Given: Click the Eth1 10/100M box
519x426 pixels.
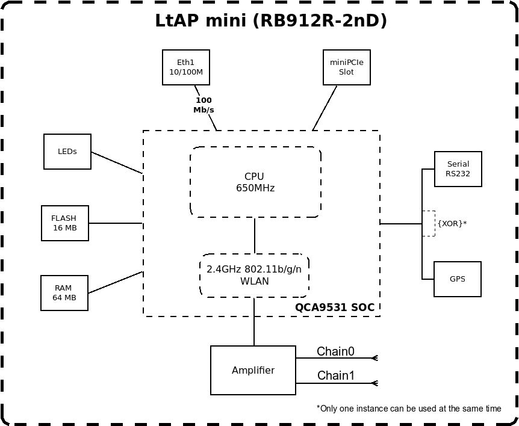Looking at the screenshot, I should (185, 67).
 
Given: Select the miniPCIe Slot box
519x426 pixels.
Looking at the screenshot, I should (346, 67).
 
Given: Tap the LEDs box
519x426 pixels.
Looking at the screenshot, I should (67, 152).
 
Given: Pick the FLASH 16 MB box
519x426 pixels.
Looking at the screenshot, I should (64, 223).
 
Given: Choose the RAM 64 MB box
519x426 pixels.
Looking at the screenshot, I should (64, 293).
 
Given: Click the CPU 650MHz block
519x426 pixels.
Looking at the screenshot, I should (255, 182).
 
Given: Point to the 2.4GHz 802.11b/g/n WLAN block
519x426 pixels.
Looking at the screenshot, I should (254, 276).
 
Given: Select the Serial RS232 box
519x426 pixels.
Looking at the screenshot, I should (458, 169).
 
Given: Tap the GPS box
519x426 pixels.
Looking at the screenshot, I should (457, 279).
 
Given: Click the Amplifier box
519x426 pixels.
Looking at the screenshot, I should (253, 371).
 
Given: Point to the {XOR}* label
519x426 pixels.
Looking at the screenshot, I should (452, 223).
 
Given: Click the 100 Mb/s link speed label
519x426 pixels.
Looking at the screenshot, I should (204, 105).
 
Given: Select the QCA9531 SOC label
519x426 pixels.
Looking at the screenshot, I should (334, 307).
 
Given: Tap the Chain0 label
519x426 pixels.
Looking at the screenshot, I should (335, 351).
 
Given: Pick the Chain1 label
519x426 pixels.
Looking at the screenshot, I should (335, 376).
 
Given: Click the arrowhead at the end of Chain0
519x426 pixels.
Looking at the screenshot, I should (374, 358).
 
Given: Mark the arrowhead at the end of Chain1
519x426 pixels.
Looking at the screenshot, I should (374, 383).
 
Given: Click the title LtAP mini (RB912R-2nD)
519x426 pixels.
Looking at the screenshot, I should (271, 21).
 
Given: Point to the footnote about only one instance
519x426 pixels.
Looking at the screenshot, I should (409, 409).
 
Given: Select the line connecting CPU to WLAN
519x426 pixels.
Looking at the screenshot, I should (255, 236).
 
